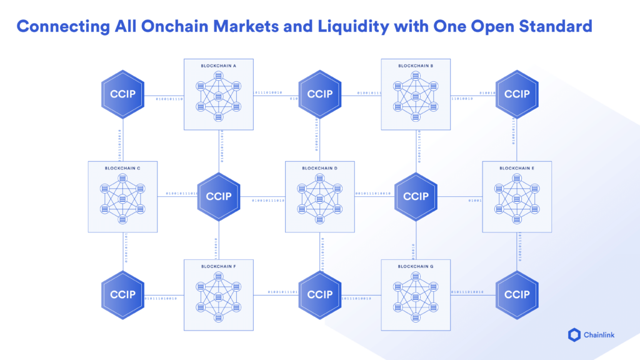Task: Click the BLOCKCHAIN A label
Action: (219, 66)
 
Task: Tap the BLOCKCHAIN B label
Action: (416, 66)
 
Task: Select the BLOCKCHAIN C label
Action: (122, 168)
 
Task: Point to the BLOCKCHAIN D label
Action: (319, 168)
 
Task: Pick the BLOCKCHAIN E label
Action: (517, 168)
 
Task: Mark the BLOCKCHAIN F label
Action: (219, 266)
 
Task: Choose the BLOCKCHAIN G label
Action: (416, 266)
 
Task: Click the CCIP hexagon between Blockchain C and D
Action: (219, 196)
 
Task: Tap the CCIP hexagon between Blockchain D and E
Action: (416, 196)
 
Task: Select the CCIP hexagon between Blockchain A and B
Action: (320, 94)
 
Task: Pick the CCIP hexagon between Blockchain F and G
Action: (320, 294)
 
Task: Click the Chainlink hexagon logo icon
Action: (574, 335)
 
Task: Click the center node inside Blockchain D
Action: (319, 199)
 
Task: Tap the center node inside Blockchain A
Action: (219, 96)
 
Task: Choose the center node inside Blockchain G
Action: (416, 297)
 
